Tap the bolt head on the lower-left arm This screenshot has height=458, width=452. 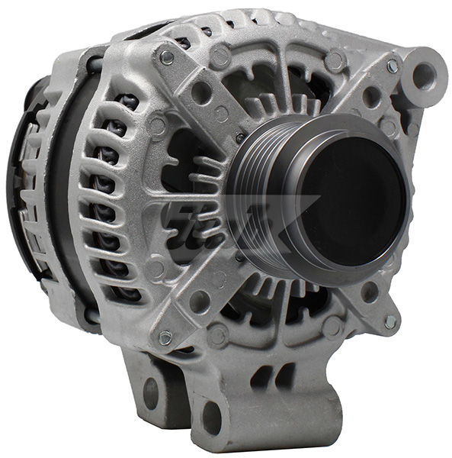[165, 336]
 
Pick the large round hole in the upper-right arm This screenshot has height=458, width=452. [371, 98]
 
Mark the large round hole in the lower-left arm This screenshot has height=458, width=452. [200, 302]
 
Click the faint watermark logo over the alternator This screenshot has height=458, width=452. [229, 221]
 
